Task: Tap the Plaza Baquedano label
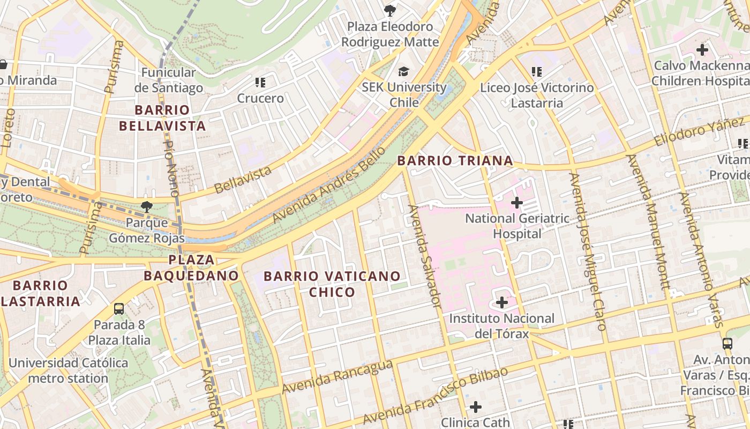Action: [x=191, y=268]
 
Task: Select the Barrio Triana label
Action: [x=455, y=160]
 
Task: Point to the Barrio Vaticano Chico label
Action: [x=332, y=284]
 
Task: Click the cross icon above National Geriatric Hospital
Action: [x=517, y=203]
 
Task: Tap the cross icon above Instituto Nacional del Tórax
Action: [x=502, y=302]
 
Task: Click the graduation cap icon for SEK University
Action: [x=403, y=71]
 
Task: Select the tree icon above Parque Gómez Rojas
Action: [x=146, y=206]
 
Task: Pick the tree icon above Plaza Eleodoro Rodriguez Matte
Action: [x=390, y=10]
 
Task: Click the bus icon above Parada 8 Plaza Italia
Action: [x=119, y=309]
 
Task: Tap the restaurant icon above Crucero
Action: [x=260, y=83]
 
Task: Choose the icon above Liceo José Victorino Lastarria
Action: [x=537, y=71]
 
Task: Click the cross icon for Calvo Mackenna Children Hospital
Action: [x=702, y=50]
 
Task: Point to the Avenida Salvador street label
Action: [x=425, y=256]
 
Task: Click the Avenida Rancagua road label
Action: [x=337, y=377]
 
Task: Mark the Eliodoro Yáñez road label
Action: [x=699, y=132]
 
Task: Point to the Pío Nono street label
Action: [x=171, y=166]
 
